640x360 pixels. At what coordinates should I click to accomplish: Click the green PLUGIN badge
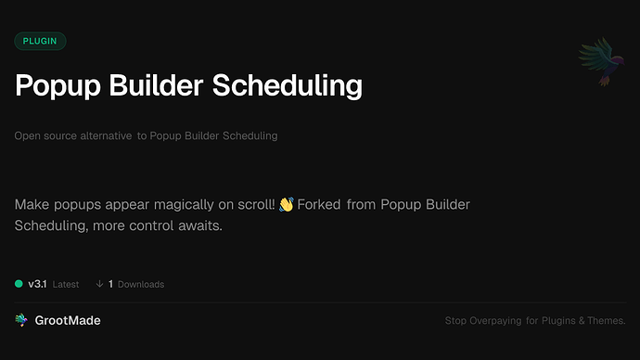click(40, 41)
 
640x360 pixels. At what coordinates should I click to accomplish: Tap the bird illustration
click(598, 63)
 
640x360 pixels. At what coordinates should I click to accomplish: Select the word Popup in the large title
click(53, 86)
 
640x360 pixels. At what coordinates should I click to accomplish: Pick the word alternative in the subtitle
click(103, 135)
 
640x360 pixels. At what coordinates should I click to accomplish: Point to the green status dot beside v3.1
click(19, 284)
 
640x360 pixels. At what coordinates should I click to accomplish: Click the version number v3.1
click(37, 284)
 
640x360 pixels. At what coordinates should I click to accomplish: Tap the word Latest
click(66, 284)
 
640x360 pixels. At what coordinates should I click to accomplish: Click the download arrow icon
click(99, 284)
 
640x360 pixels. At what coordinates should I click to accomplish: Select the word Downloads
click(141, 284)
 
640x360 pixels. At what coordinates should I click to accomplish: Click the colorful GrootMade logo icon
click(20, 320)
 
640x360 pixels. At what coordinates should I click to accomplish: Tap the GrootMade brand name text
click(67, 320)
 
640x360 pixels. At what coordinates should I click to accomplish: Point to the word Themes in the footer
click(608, 321)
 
